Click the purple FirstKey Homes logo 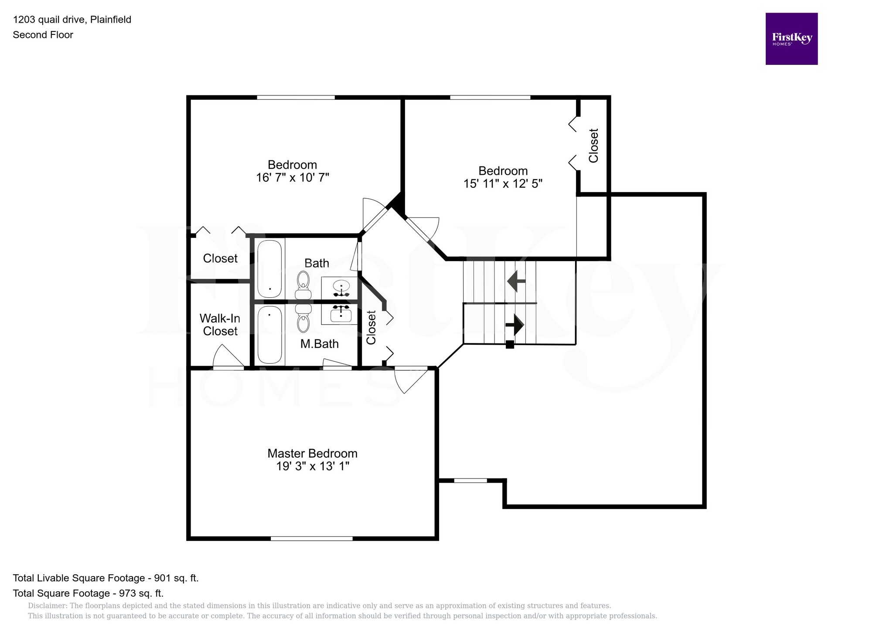coord(791,39)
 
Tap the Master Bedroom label coord(312,453)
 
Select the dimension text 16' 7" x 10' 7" coord(292,178)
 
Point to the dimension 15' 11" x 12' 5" coord(502,184)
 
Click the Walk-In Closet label coord(220,325)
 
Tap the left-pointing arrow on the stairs coord(516,281)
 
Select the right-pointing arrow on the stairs coord(515,325)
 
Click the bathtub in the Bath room coord(269,269)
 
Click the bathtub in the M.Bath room coord(269,335)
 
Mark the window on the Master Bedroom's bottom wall coord(311,539)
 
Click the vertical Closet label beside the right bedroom coord(593,146)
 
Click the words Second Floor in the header coord(43,35)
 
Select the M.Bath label coord(319,344)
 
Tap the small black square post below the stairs coord(509,345)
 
